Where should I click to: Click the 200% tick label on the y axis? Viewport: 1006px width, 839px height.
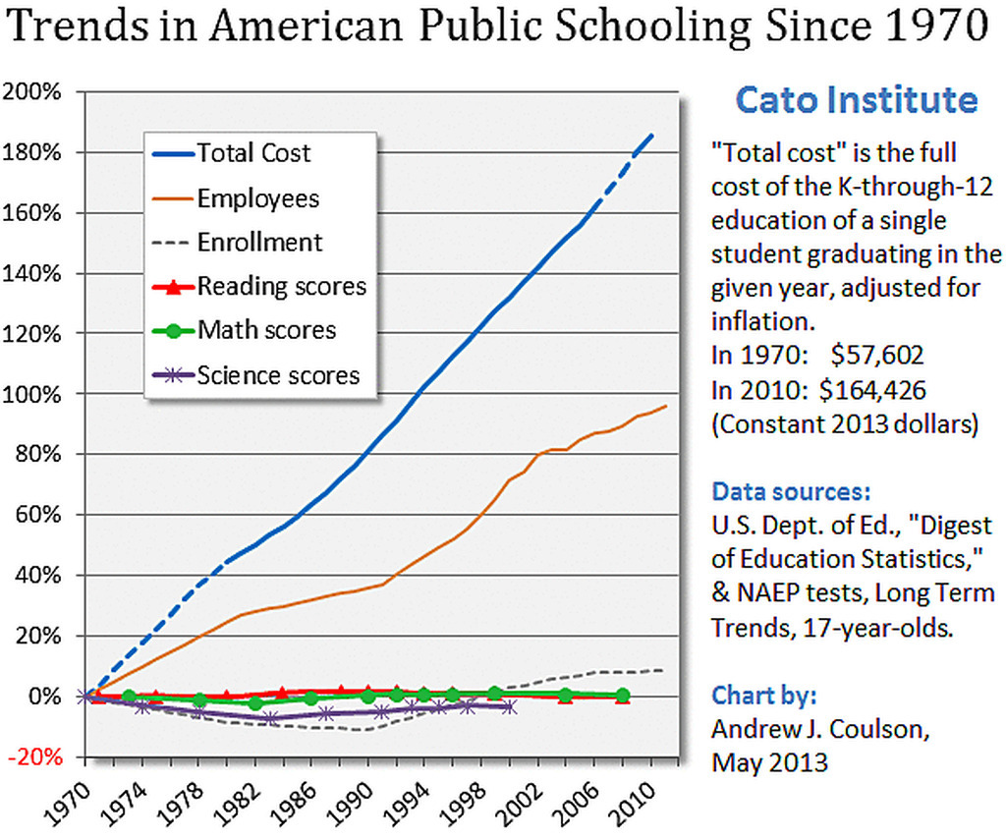coord(34,92)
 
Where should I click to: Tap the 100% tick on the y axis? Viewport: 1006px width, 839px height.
coord(34,394)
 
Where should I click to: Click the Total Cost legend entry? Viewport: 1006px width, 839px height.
coord(252,153)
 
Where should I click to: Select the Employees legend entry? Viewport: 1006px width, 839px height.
coord(257,197)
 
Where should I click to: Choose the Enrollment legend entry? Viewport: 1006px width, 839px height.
coord(259,242)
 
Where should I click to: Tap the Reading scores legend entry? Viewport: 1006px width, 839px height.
coord(281,286)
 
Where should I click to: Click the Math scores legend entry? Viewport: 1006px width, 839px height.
coord(266,330)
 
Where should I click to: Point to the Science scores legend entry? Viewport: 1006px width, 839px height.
coord(278,374)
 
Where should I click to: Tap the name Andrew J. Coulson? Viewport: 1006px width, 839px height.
coord(820,730)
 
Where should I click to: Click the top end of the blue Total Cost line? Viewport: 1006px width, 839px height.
coord(653,134)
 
